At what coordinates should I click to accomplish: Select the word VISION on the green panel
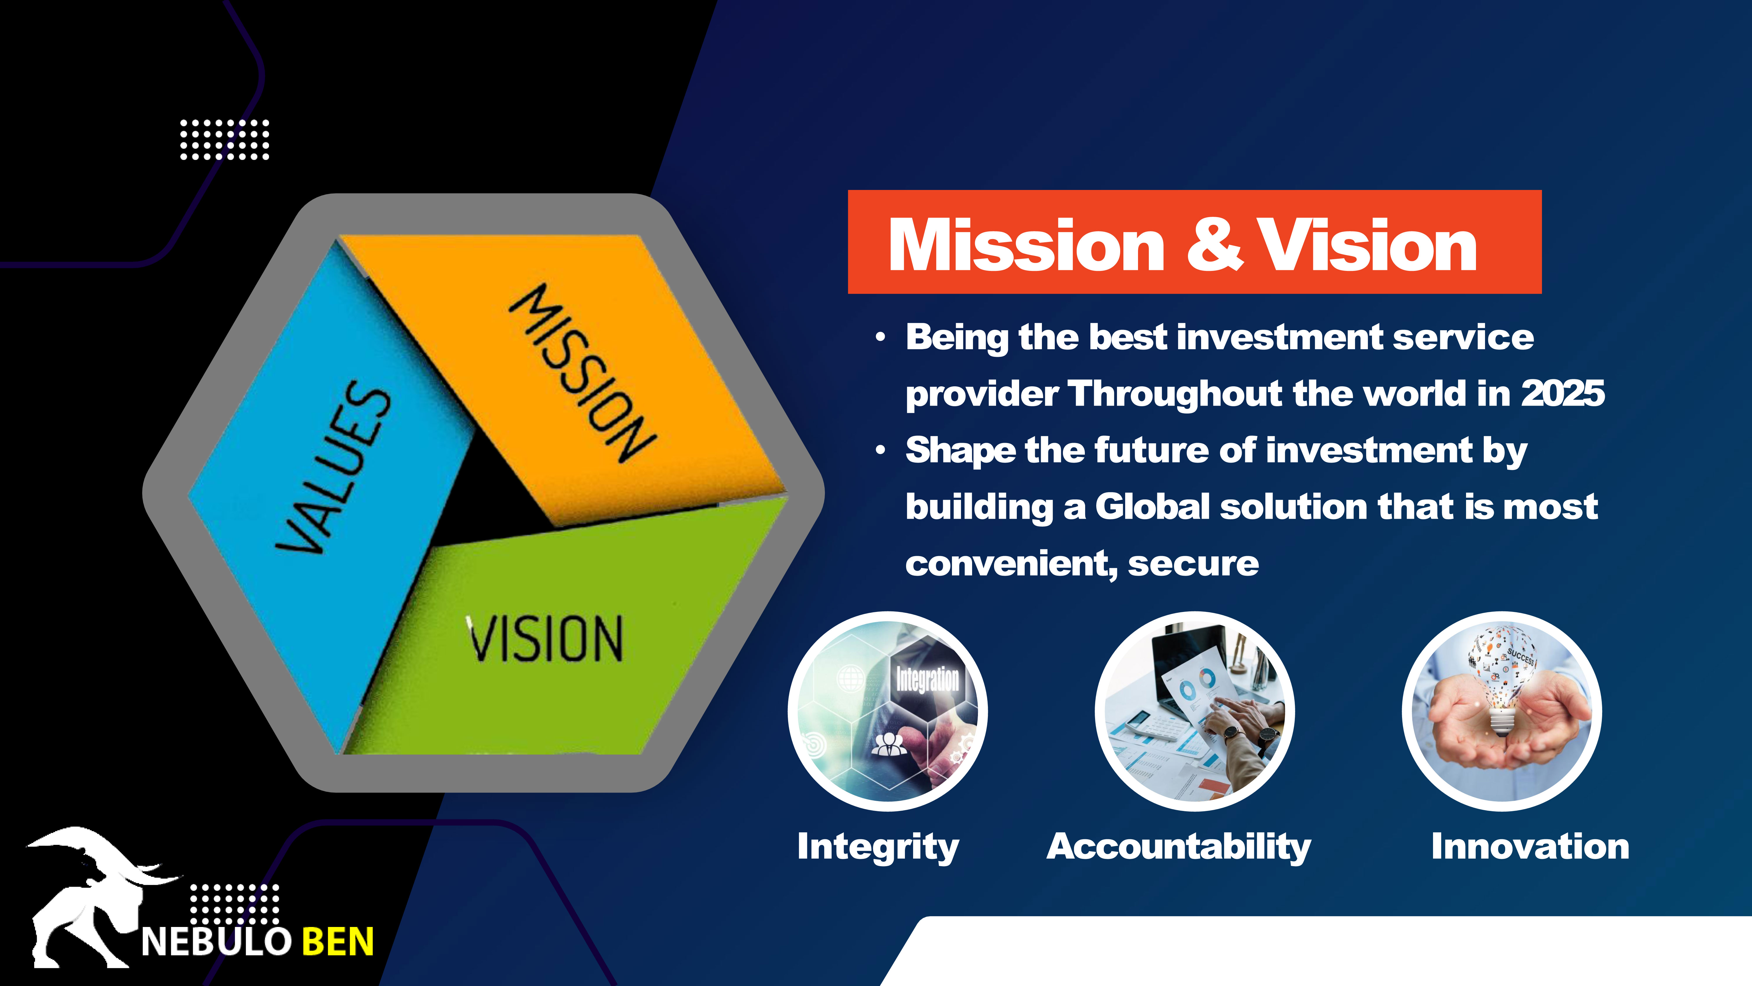pos(544,638)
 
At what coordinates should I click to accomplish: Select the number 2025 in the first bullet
pos(1563,393)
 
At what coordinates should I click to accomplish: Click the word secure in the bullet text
pos(1194,564)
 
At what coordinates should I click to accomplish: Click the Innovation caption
pos(1530,847)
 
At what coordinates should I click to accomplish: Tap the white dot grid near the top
pos(224,139)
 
